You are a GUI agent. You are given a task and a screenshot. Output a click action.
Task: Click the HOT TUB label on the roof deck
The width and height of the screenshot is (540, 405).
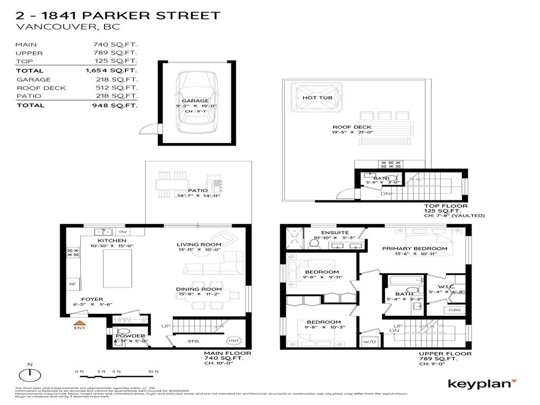pyautogui.click(x=316, y=98)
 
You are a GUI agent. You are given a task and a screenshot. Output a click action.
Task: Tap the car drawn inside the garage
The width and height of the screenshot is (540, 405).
pyautogui.click(x=196, y=104)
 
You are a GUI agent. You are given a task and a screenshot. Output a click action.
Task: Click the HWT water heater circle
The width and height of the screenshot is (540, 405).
pyautogui.click(x=233, y=340)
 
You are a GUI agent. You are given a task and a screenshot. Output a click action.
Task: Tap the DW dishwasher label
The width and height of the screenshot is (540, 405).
pyautogui.click(x=123, y=232)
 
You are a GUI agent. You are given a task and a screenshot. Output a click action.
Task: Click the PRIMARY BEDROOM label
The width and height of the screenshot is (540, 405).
pyautogui.click(x=414, y=248)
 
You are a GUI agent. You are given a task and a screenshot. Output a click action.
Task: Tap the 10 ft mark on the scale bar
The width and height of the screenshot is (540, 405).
pyautogui.click(x=153, y=372)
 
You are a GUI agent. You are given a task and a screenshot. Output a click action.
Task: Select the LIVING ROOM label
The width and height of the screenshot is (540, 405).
pyautogui.click(x=199, y=245)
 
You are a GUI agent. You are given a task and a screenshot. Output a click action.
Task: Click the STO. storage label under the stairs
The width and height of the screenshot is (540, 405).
pyautogui.click(x=194, y=341)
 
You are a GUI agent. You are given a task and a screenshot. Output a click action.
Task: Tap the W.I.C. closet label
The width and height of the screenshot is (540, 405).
pyautogui.click(x=441, y=285)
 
